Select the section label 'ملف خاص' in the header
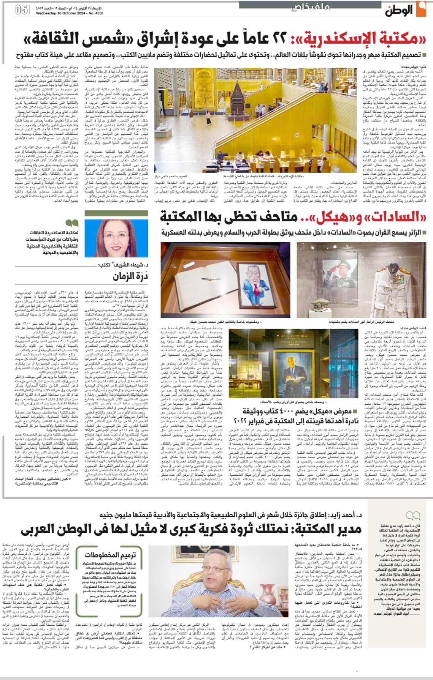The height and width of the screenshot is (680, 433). coord(310,7)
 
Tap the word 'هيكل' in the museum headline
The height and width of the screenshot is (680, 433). coord(333,217)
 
